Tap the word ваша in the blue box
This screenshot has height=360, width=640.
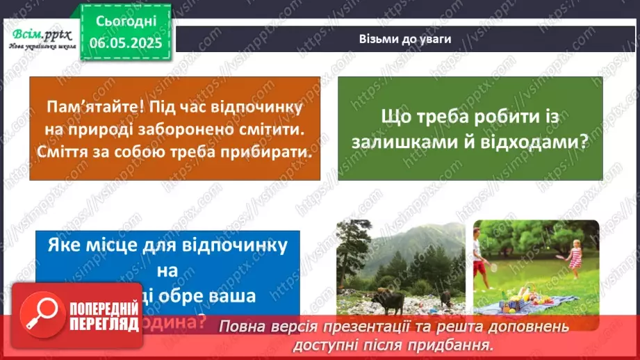229,294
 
